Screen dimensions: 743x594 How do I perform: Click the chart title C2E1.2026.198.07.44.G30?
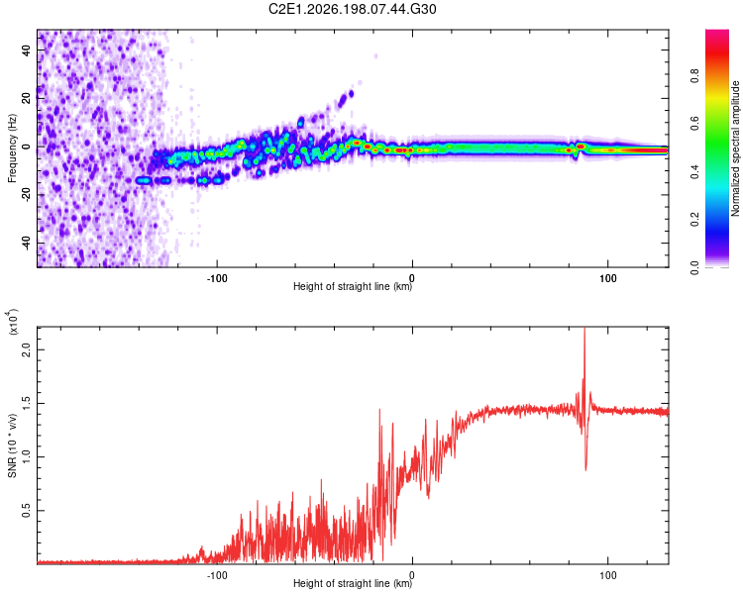click(352, 9)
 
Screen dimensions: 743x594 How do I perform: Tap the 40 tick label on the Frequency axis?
click(27, 50)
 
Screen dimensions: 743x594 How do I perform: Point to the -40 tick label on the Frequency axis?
click(27, 243)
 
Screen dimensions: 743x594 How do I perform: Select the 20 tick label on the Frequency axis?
click(27, 99)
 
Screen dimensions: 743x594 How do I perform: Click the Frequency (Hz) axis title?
click(12, 148)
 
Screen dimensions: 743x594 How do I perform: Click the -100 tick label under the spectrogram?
click(217, 278)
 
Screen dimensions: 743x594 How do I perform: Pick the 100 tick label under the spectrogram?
click(608, 278)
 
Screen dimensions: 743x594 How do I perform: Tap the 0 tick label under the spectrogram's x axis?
click(412, 278)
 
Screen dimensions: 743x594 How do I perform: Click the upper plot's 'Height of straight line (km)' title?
click(353, 286)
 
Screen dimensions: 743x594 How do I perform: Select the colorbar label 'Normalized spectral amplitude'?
click(735, 148)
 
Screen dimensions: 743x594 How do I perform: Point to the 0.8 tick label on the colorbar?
click(694, 76)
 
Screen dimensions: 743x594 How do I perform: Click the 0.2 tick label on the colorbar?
click(694, 220)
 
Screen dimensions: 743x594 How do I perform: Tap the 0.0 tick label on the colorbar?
click(694, 267)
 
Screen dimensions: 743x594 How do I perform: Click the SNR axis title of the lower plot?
click(12, 445)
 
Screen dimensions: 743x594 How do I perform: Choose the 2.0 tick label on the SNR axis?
click(27, 350)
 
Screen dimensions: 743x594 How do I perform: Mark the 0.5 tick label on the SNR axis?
click(27, 511)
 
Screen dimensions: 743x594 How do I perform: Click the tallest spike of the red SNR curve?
click(584, 328)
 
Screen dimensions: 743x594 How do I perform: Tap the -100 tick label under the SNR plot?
click(217, 575)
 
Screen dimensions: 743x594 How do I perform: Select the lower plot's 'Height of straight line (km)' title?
click(353, 583)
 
